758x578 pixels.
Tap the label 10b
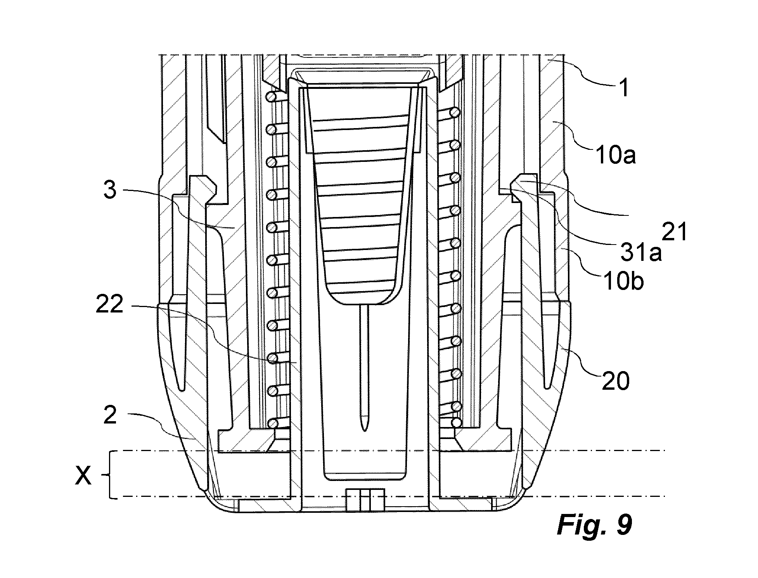[x=623, y=282]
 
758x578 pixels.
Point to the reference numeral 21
[x=674, y=232]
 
